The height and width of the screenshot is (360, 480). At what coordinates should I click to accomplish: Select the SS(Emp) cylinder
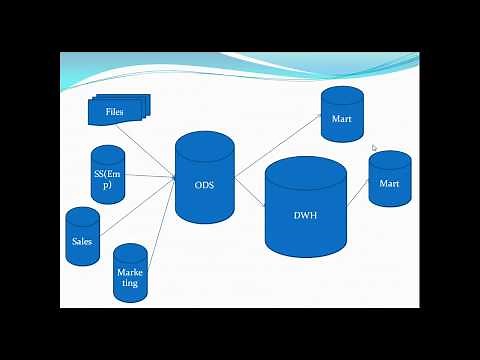click(x=108, y=176)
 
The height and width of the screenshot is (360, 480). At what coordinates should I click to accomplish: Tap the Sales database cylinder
click(x=82, y=237)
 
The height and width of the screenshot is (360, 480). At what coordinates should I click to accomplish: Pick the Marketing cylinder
click(x=130, y=272)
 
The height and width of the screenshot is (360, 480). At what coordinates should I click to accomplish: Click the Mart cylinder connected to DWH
click(x=389, y=179)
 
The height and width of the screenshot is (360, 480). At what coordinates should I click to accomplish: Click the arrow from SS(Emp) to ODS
click(x=150, y=177)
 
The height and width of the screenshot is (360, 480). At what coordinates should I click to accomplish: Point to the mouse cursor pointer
click(x=374, y=148)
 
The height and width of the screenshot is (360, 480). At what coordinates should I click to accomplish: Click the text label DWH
click(x=305, y=215)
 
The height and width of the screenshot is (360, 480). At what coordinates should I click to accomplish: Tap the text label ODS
click(x=204, y=183)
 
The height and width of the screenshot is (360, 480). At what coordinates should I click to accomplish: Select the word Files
click(x=115, y=111)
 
